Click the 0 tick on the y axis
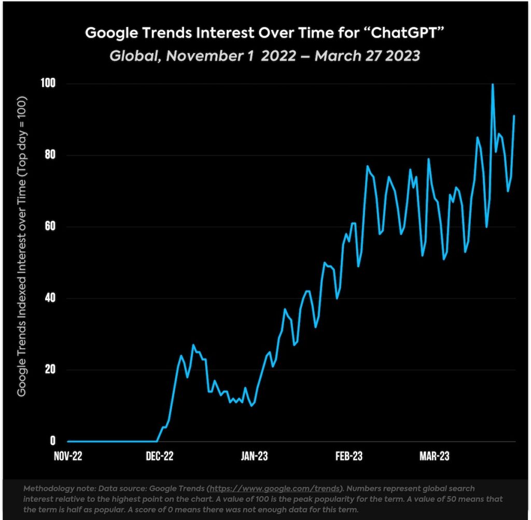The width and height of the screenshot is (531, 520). coord(52,441)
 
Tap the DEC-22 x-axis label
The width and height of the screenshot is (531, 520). coord(160,456)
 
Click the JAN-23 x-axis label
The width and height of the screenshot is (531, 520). coord(254,456)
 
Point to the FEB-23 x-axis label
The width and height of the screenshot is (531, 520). coord(348,456)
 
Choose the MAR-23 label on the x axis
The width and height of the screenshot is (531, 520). coord(435,456)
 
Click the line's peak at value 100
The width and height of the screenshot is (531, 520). coord(492,84)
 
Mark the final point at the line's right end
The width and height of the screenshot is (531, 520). coord(514,116)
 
